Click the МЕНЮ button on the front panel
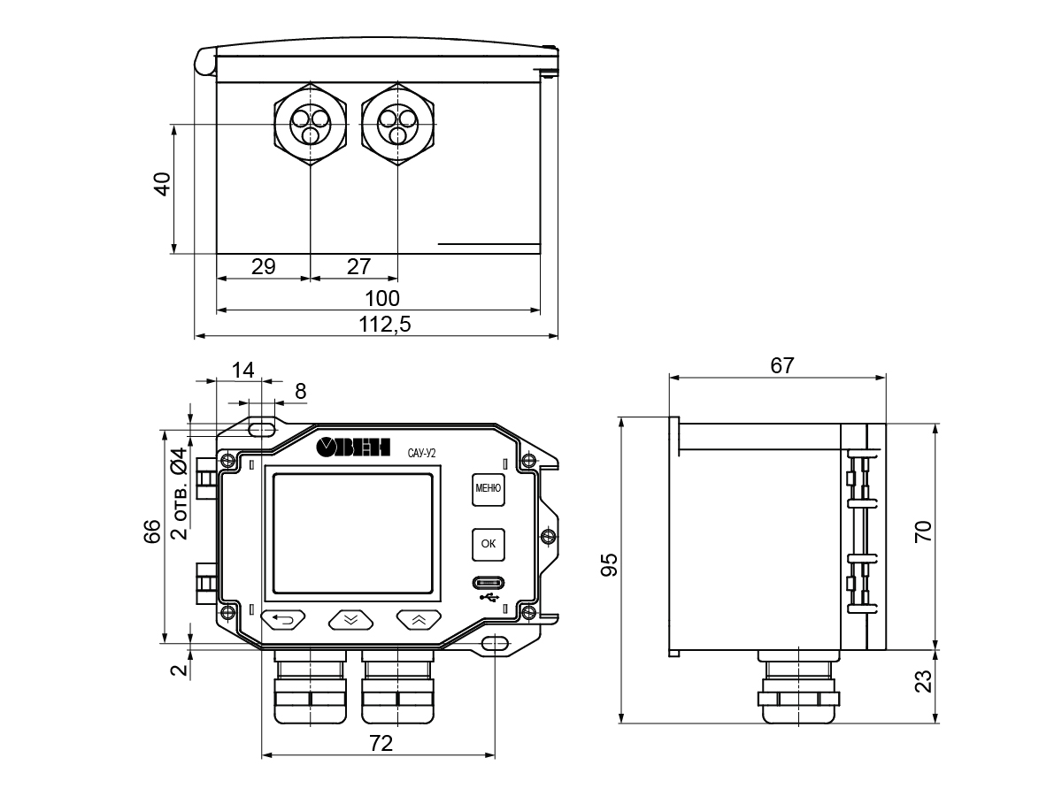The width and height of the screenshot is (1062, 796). coord(488,487)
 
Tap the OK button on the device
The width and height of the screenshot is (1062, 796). coord(488,544)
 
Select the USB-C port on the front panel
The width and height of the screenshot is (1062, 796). coord(489,583)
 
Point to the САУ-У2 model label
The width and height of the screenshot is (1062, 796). coord(421,453)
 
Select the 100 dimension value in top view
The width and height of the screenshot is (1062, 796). coord(382,298)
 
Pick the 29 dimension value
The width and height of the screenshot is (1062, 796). coord(263,266)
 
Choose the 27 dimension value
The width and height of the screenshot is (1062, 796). coord(358,266)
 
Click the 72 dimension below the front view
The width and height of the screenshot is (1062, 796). coord(380,744)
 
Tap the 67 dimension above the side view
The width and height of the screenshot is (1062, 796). coord(781,365)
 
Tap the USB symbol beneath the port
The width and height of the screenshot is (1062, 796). coord(489,597)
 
